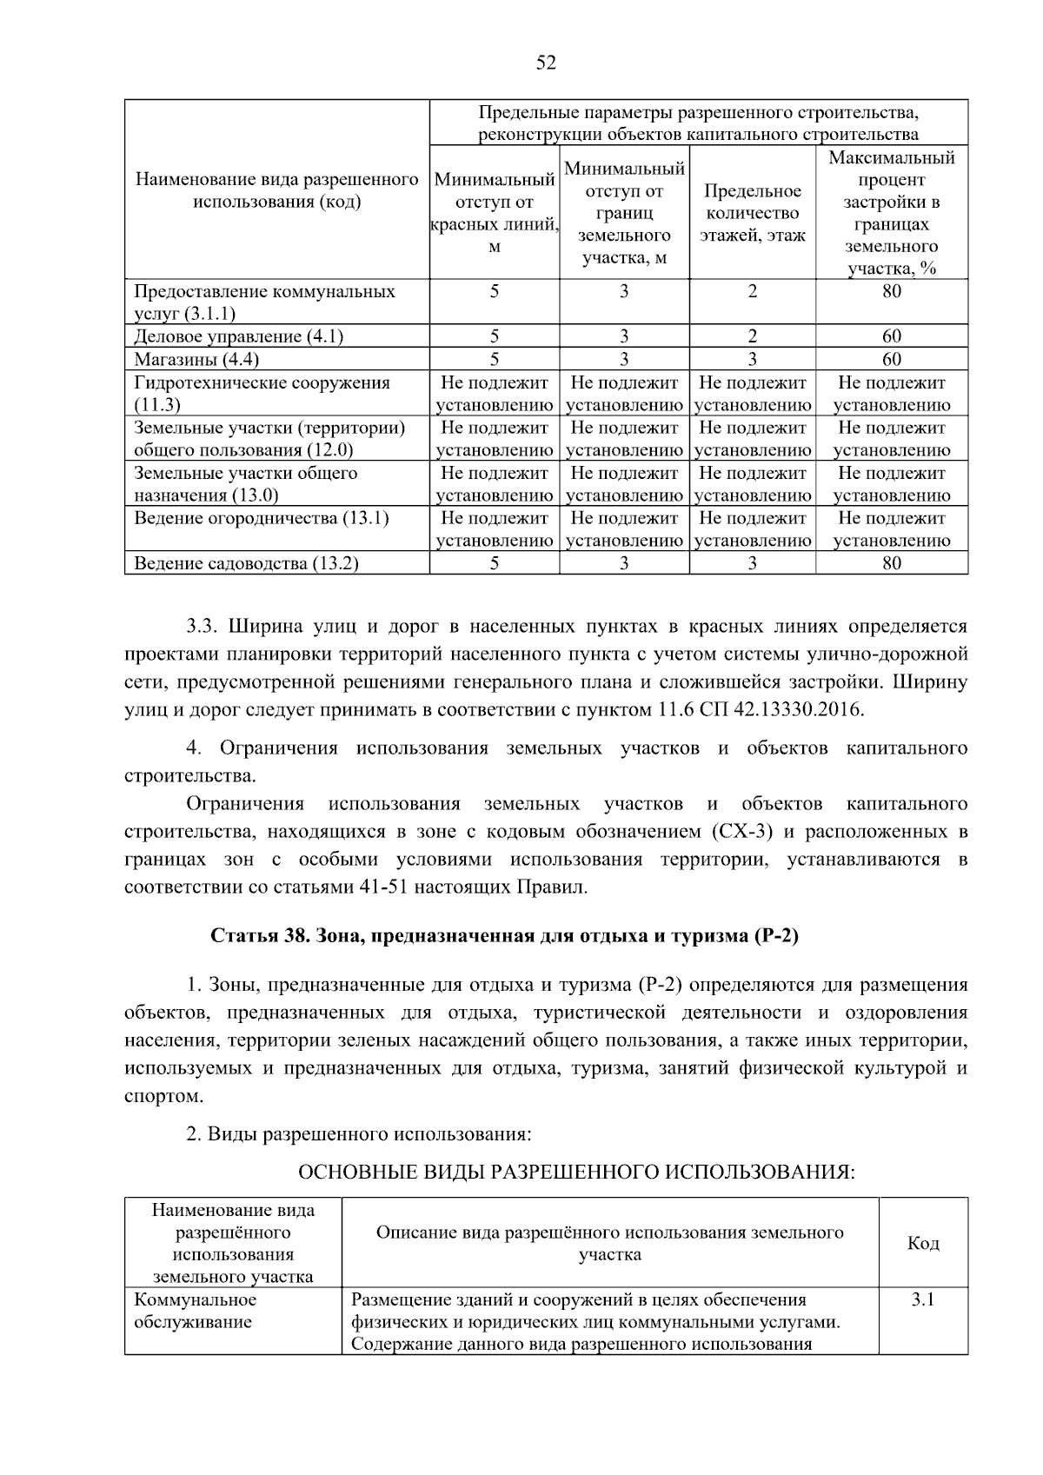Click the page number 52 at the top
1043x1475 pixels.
(x=546, y=63)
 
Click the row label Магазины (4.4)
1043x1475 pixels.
(x=196, y=359)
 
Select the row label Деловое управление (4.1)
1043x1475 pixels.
(x=238, y=336)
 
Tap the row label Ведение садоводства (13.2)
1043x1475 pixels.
(x=246, y=563)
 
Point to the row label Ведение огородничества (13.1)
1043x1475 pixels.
(x=261, y=518)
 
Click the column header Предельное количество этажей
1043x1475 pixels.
(x=753, y=213)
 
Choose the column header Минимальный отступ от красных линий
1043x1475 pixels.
(x=494, y=213)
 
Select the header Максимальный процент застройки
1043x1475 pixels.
(x=891, y=213)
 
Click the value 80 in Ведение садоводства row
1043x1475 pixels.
(x=891, y=563)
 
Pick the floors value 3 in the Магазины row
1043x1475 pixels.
(x=752, y=359)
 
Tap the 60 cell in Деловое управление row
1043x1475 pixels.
(x=891, y=336)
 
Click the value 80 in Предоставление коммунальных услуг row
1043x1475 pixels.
(x=891, y=291)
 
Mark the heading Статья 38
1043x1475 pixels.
(x=504, y=936)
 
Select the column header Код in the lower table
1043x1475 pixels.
(x=923, y=1243)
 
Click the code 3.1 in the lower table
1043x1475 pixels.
(x=922, y=1300)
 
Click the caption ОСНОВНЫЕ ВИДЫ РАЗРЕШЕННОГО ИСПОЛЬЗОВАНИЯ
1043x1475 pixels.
(x=577, y=1173)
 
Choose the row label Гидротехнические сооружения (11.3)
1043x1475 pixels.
(x=261, y=393)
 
